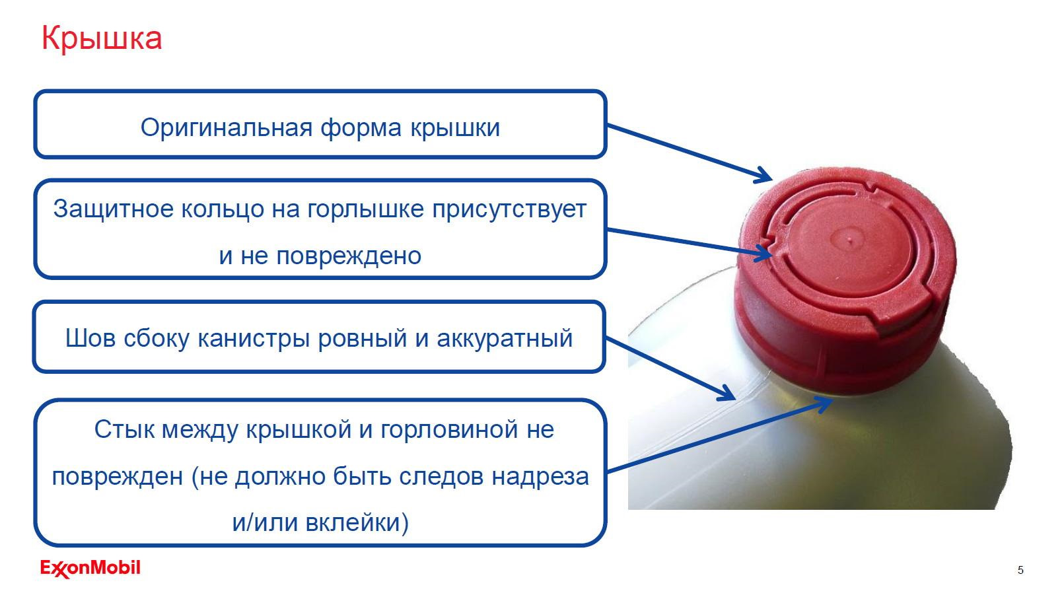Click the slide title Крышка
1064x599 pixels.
[101, 38]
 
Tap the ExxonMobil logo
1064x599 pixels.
[90, 569]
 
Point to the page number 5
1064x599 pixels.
[1020, 570]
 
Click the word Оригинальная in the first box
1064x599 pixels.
[226, 127]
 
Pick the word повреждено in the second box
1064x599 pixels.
[349, 255]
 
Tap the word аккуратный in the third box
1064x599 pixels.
[505, 338]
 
